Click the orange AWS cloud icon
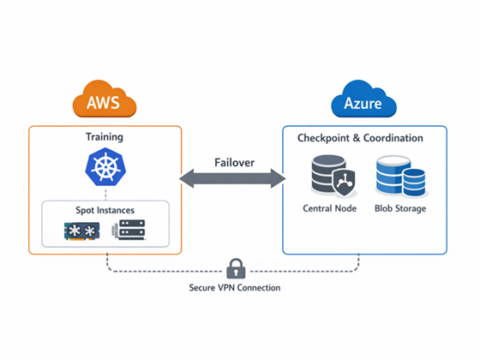(x=105, y=99)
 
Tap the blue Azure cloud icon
(x=363, y=99)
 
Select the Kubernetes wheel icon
(x=105, y=167)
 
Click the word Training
(x=105, y=137)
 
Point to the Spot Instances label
(x=105, y=210)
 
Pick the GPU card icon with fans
(x=81, y=231)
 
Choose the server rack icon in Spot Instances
(x=129, y=230)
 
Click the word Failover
(x=235, y=163)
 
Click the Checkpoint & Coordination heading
(x=360, y=138)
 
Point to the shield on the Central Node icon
(x=345, y=183)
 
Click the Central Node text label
(x=330, y=208)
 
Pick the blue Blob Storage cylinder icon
(x=401, y=176)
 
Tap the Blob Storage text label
(x=400, y=208)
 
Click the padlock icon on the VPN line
(x=236, y=269)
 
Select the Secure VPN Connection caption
(x=235, y=288)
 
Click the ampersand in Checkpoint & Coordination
(x=357, y=138)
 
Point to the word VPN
(x=226, y=288)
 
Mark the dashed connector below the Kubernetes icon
(x=105, y=194)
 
